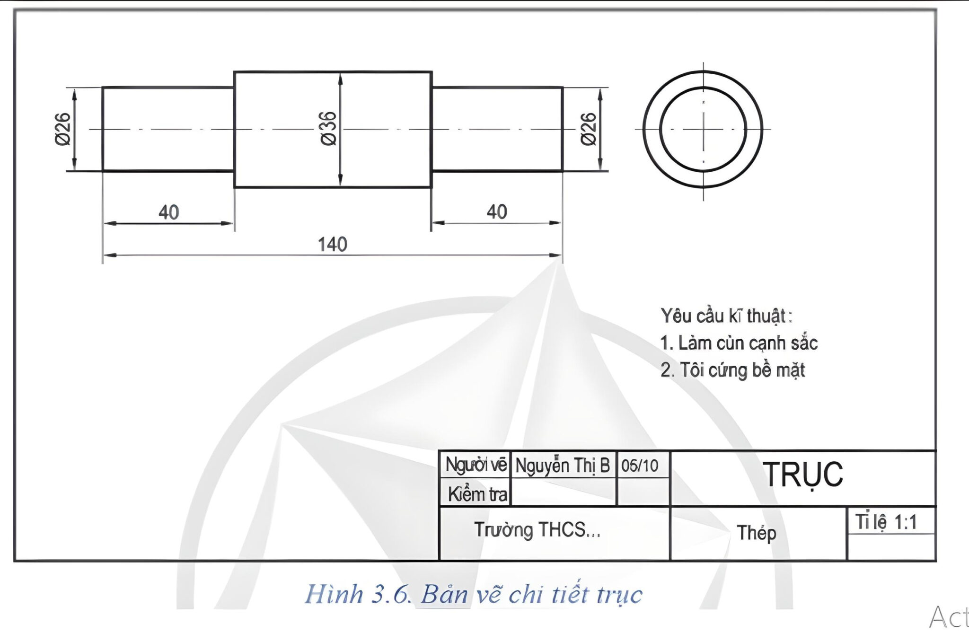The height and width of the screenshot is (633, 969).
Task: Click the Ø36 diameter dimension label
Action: pyautogui.click(x=328, y=129)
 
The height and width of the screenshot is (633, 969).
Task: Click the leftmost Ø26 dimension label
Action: pyautogui.click(x=63, y=129)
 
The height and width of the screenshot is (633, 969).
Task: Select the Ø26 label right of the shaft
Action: pyautogui.click(x=589, y=129)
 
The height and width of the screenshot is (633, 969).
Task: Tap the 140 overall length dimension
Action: pyautogui.click(x=332, y=245)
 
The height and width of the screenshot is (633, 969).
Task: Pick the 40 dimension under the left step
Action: pyautogui.click(x=168, y=212)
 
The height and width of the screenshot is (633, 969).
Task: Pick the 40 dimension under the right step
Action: pyautogui.click(x=497, y=212)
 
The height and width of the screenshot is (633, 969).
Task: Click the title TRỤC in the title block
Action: pyautogui.click(x=803, y=475)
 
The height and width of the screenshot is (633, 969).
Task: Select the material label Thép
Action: pyautogui.click(x=756, y=533)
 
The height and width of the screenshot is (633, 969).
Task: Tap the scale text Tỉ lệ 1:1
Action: pyautogui.click(x=886, y=522)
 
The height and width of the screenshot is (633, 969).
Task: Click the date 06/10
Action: pyautogui.click(x=640, y=466)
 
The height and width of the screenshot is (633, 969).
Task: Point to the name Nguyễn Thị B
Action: pyautogui.click(x=563, y=466)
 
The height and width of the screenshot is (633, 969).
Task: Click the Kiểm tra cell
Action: pyautogui.click(x=477, y=494)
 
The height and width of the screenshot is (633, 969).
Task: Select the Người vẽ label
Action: pyautogui.click(x=476, y=465)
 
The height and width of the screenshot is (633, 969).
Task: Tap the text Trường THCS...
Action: pyautogui.click(x=537, y=530)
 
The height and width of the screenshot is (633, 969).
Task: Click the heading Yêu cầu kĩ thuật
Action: pyautogui.click(x=726, y=316)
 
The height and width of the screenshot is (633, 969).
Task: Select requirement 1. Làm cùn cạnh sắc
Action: pyautogui.click(x=739, y=343)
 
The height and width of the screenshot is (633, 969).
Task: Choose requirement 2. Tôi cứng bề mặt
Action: pyautogui.click(x=732, y=370)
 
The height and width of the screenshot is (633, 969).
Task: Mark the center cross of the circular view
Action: pyautogui.click(x=703, y=129)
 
